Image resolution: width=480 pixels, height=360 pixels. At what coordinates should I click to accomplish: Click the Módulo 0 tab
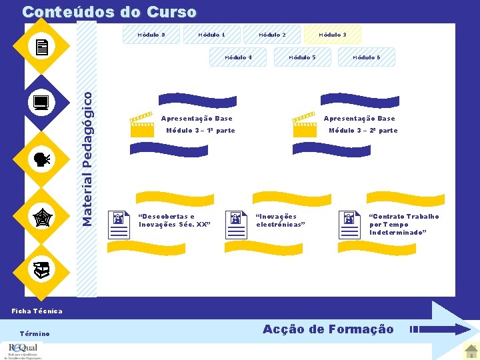pos(151,35)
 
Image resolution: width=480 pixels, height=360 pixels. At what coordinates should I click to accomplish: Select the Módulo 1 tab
pos(211,35)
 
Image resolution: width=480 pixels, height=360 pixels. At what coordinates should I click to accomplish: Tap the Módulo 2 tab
pos(272,35)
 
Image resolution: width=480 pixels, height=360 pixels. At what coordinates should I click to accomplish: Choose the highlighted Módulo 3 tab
pos(332,35)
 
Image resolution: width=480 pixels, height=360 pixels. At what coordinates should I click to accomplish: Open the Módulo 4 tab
pos(238,57)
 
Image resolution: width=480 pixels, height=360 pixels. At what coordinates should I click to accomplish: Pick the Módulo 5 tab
pos(302,57)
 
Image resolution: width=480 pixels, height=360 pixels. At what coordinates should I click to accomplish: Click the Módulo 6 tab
pos(366,57)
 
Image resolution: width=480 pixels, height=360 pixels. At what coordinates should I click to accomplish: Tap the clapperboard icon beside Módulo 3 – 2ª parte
pos(305,125)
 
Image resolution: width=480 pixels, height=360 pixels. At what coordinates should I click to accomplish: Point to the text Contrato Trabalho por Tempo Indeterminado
pos(404,225)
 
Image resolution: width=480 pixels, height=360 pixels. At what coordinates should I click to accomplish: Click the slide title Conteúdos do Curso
pos(109,12)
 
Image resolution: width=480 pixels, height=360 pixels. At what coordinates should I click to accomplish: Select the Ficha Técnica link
pos(37,311)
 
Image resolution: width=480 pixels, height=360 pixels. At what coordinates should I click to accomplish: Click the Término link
pos(35,333)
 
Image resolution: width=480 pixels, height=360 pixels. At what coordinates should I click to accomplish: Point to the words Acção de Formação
pos(328,329)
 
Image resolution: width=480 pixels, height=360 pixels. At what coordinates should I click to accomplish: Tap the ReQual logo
pos(23,350)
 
